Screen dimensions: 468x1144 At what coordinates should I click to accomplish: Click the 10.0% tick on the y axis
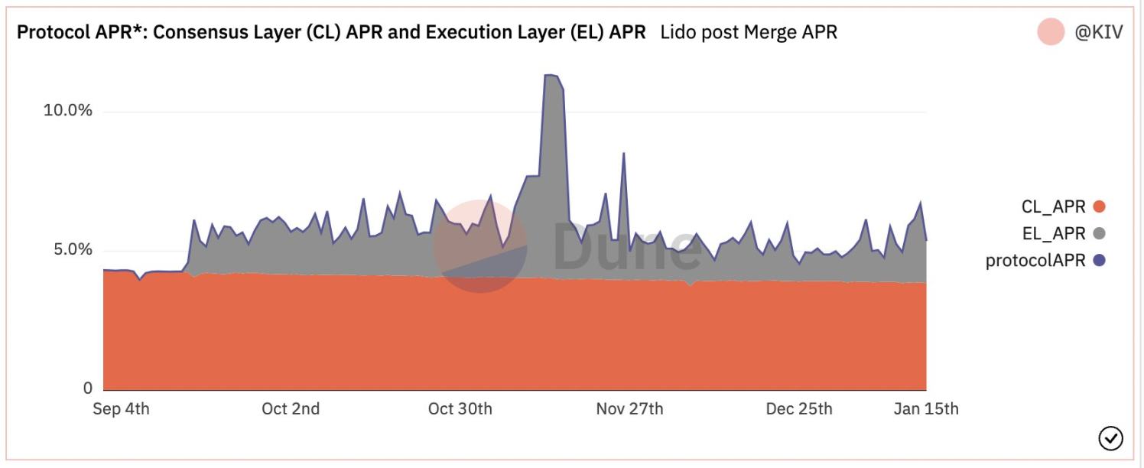[x=67, y=110]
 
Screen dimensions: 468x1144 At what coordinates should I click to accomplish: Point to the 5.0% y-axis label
[x=67, y=250]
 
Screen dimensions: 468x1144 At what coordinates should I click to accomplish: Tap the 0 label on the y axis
[x=87, y=388]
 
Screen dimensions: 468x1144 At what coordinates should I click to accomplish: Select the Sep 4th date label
[x=121, y=409]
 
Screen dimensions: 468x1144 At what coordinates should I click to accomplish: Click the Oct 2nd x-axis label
[x=291, y=409]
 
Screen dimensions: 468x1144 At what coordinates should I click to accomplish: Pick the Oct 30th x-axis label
[x=460, y=409]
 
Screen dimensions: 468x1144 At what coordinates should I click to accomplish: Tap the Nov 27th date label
[x=629, y=409]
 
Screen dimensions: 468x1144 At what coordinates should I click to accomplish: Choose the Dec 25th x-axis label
[x=799, y=409]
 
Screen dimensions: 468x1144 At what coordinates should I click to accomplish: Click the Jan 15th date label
[x=926, y=409]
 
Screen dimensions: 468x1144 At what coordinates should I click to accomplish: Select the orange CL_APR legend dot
[x=1100, y=206]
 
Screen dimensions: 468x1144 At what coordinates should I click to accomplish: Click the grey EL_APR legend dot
[x=1100, y=233]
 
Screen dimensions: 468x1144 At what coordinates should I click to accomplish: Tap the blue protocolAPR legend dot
[x=1100, y=261]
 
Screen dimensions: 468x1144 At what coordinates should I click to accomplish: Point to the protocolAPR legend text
[x=1035, y=261]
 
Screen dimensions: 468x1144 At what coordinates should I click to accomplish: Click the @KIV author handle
[x=1099, y=33]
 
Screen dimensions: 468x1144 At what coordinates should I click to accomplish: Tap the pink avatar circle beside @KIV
[x=1051, y=32]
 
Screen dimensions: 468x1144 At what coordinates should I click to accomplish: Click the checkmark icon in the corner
[x=1110, y=438]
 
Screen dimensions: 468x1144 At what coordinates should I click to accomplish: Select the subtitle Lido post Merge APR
[x=749, y=32]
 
